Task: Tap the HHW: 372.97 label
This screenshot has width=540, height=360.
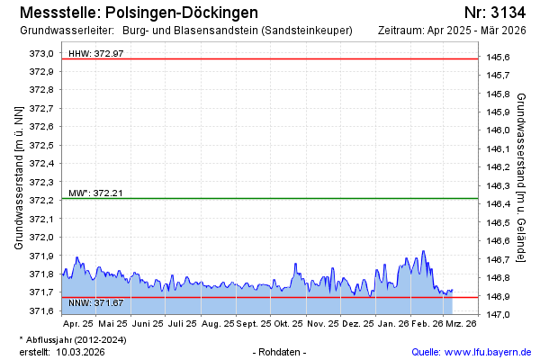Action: point(96,54)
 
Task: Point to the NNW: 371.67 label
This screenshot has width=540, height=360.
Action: point(95,302)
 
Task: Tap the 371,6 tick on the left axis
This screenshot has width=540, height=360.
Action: point(41,311)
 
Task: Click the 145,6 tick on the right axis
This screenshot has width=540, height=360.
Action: point(499,58)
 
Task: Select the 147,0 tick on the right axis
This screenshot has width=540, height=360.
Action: point(499,314)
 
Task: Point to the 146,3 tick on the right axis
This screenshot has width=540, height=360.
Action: point(499,186)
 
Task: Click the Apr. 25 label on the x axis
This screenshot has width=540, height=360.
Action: point(78,323)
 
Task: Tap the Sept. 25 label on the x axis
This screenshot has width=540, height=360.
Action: point(252,323)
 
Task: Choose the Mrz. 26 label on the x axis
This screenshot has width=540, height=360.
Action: point(461,323)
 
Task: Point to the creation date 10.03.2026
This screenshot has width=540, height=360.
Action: point(80,352)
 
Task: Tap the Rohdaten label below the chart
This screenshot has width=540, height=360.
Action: point(281,352)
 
